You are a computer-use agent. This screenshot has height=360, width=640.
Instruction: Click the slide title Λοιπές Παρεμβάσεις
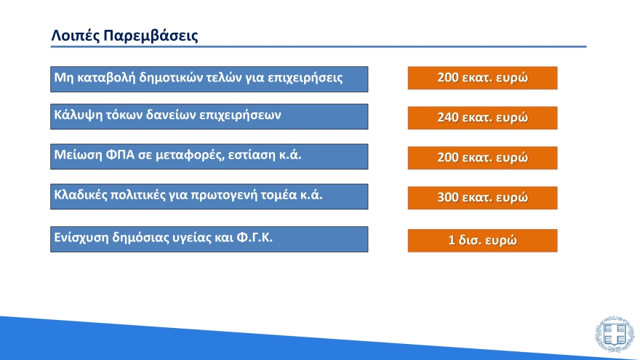click(124, 36)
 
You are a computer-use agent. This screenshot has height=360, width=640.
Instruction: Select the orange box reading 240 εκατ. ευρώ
click(482, 118)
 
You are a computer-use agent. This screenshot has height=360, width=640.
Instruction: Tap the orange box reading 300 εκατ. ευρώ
click(482, 198)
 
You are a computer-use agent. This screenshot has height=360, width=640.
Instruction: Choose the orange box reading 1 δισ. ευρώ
click(482, 241)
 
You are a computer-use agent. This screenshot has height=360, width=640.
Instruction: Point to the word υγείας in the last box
click(187, 237)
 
